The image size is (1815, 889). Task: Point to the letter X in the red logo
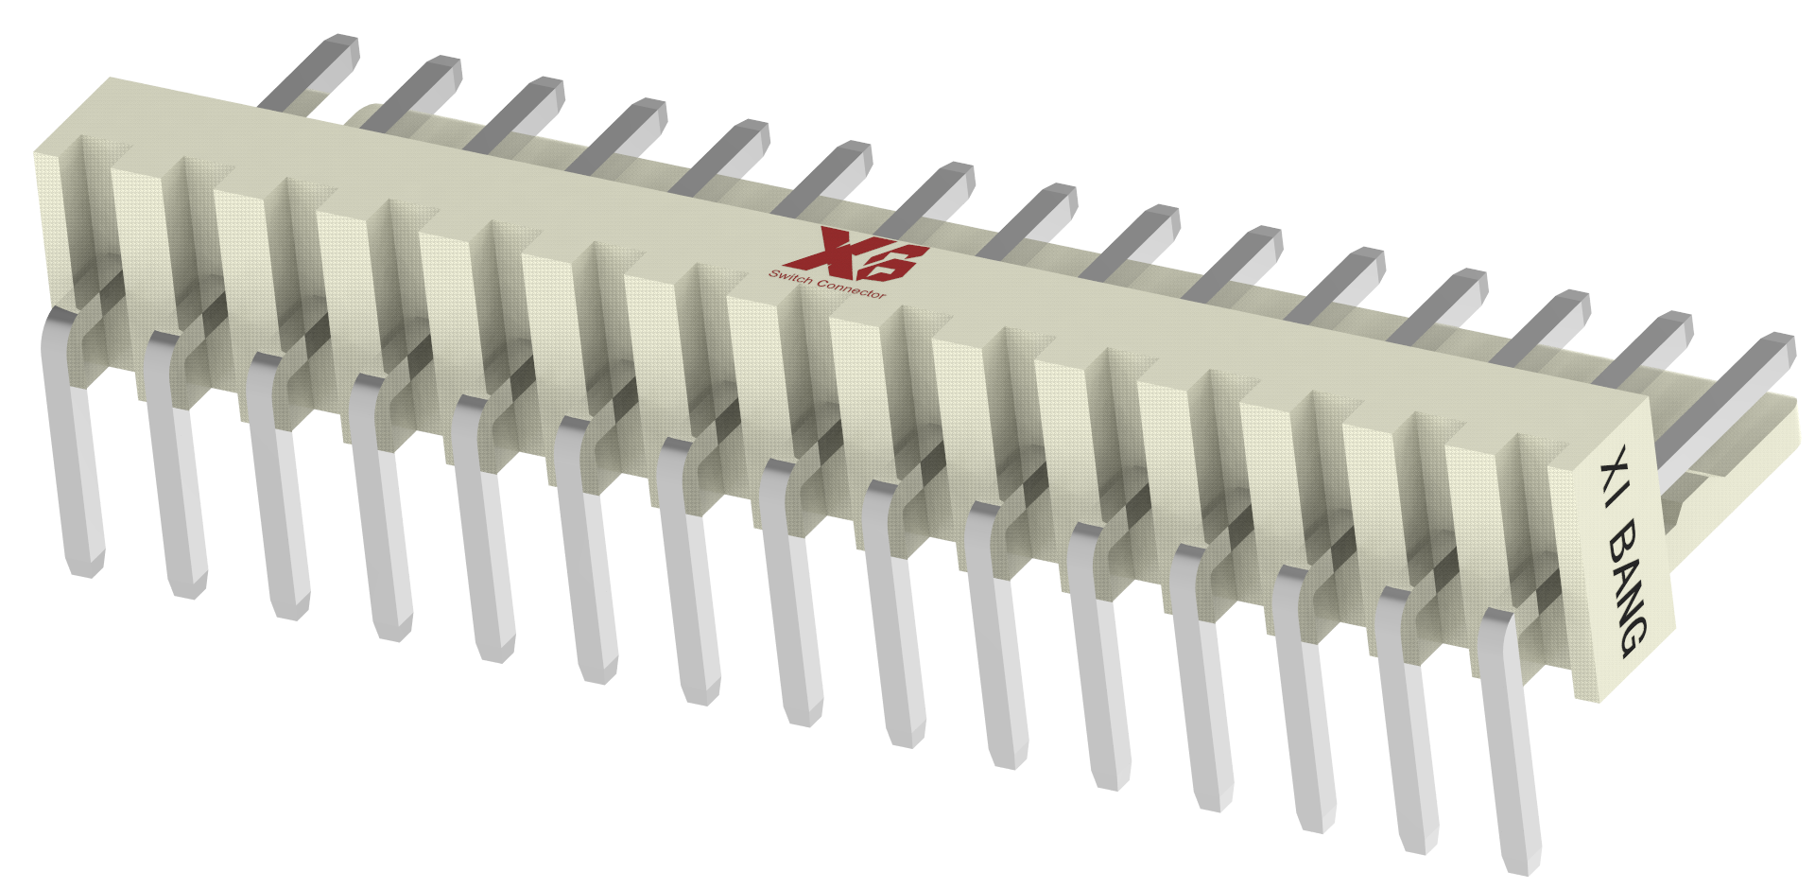821,248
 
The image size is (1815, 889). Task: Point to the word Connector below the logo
851,288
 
